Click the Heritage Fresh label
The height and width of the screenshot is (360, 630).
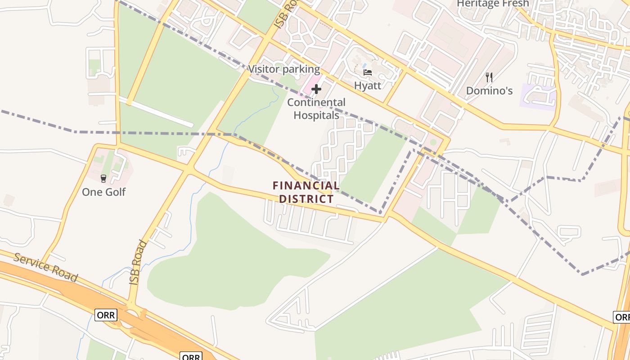pos(493,4)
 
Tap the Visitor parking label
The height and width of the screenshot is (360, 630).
pos(284,69)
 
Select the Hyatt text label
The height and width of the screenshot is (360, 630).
pos(368,85)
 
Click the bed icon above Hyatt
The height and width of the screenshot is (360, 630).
pos(368,72)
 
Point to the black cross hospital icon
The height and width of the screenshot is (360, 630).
pos(316,89)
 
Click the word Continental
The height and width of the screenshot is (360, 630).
pos(316,102)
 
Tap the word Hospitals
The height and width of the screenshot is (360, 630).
pos(316,115)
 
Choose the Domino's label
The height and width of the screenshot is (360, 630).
pos(489,90)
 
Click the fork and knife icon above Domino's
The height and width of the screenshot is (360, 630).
pos(489,77)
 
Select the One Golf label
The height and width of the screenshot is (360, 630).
pos(103,192)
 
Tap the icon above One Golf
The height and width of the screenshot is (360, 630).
pos(103,179)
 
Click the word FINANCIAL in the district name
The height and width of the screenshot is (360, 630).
pos(306,185)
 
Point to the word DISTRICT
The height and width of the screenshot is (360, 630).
pos(306,198)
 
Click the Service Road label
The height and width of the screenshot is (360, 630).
pos(45,267)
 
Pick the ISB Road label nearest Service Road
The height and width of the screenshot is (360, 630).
pos(138,262)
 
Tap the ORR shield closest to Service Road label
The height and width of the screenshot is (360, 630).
pos(106,315)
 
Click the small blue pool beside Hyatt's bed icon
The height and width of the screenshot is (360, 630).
pos(364,66)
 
